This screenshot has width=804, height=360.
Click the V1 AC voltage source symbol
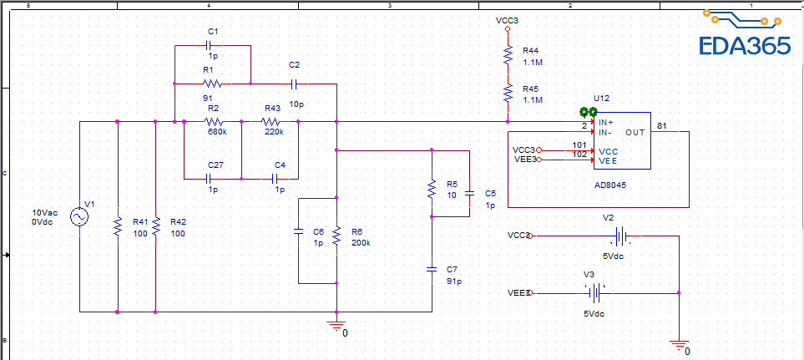coord(79,217)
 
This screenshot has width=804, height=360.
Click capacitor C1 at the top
coord(212,44)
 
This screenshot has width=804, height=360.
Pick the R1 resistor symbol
coord(212,84)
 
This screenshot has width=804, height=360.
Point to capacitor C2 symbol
coord(294,84)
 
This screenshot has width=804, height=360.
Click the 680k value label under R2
coord(216,131)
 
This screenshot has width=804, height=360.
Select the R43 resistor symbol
coord(272,121)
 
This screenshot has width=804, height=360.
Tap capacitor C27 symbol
coord(212,179)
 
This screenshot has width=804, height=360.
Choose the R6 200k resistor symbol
coord(336,236)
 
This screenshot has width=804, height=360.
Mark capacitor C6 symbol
coord(299,236)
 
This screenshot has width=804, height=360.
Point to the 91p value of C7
coord(453,281)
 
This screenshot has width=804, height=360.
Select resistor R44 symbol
coord(507,55)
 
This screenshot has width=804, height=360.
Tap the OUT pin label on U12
coord(635,132)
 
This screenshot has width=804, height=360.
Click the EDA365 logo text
coord(744,46)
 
